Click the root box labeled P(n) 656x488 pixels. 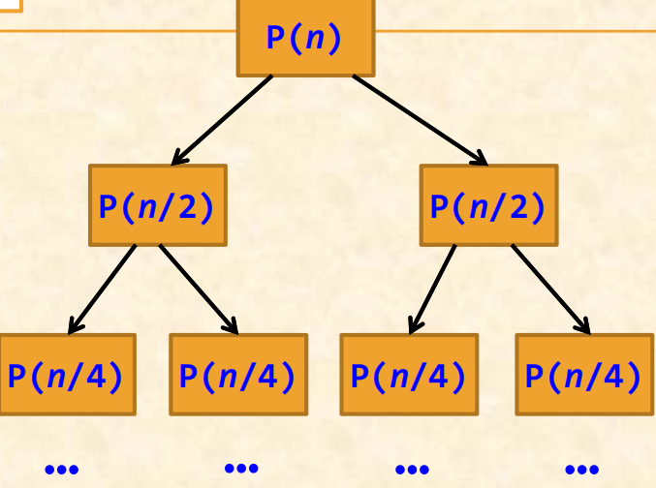click(305, 38)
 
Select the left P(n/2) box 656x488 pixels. click(157, 205)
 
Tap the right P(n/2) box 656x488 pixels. click(488, 205)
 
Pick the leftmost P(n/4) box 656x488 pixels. click(66, 375)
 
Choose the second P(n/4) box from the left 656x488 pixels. click(238, 375)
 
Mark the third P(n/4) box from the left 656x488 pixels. click(408, 375)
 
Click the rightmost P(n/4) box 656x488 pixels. click(583, 375)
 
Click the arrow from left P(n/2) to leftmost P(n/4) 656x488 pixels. click(103, 290)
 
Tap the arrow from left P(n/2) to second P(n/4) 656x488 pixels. click(199, 290)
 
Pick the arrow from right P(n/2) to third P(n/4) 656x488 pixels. click(432, 290)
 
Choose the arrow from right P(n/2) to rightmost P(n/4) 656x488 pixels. click(551, 290)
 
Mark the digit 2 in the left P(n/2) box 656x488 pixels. click(188, 206)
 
